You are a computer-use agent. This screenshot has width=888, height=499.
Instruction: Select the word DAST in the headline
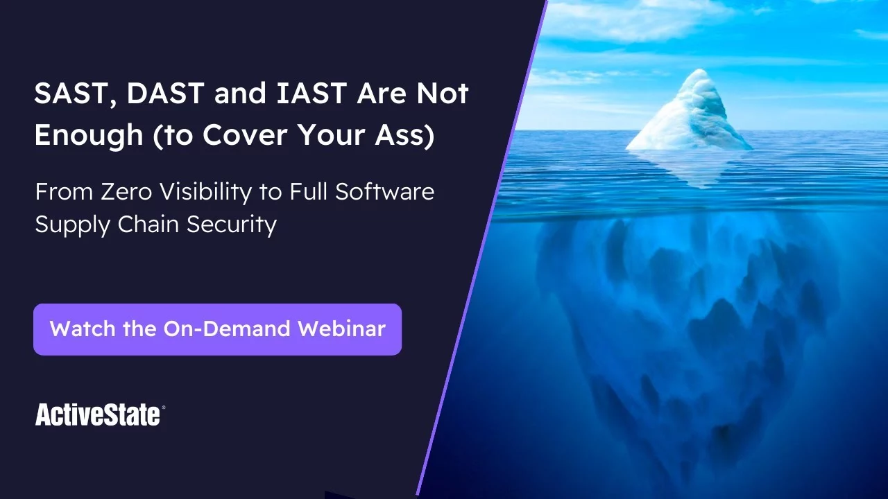pyautogui.click(x=165, y=93)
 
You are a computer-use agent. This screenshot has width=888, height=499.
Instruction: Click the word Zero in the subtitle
pyautogui.click(x=126, y=192)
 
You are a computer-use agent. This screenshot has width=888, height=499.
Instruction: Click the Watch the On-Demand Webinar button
pyautogui.click(x=217, y=329)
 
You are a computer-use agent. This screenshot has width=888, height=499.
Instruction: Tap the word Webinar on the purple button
pyautogui.click(x=342, y=329)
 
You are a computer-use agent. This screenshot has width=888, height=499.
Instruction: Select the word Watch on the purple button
pyautogui.click(x=83, y=329)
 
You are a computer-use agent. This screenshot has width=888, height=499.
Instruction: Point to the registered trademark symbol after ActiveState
pyautogui.click(x=163, y=407)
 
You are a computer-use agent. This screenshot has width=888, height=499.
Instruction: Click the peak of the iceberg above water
pyautogui.click(x=699, y=71)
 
